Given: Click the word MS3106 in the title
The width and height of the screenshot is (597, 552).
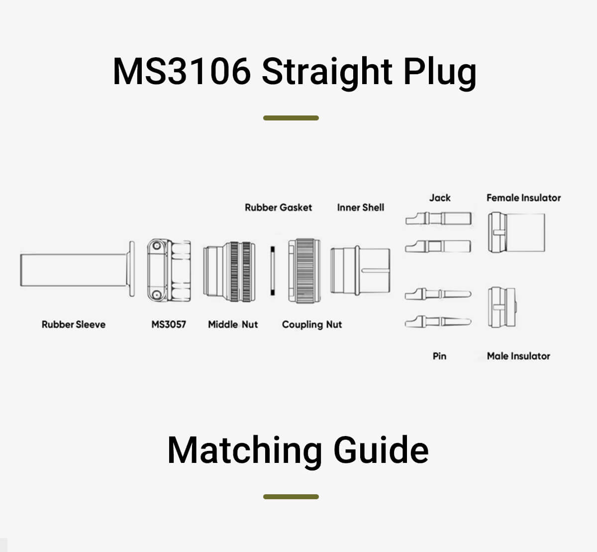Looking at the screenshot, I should pos(182,71).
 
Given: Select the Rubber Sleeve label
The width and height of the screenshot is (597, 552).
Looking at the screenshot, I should pos(74,325).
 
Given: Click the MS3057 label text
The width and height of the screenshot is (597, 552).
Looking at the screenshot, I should pos(169,325).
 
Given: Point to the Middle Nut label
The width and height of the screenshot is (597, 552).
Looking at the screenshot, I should pos(233,325).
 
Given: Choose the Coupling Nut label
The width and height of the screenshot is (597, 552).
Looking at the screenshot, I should pos(312,325).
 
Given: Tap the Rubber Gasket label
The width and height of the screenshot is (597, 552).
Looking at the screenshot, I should pos(278,208).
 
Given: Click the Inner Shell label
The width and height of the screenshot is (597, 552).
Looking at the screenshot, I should pos(361,208).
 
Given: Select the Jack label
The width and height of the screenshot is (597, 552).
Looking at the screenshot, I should pos(440,198).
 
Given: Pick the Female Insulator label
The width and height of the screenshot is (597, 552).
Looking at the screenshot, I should pos(523,198).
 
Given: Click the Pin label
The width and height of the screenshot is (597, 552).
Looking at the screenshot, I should pos(439,356).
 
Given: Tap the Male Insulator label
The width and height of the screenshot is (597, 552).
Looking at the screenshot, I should pos(518,356).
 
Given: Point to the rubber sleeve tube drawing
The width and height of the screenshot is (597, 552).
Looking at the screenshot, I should pos(75,270).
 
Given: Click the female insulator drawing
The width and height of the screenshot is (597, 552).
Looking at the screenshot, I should pos(516,232).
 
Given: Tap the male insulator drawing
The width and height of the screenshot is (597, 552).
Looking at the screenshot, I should pos(502,307).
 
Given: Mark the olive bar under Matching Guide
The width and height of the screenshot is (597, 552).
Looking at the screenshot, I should pos(291,497).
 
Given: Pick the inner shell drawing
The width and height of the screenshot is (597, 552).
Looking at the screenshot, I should pos(360,270).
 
